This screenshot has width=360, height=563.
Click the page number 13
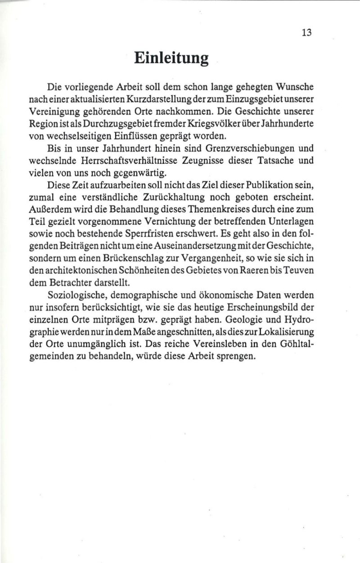coord(307,32)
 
